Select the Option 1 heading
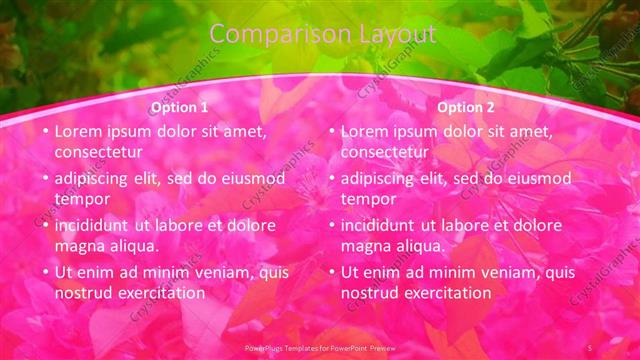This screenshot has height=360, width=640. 179,107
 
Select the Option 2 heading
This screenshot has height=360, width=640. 466,107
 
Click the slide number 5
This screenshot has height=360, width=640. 590,346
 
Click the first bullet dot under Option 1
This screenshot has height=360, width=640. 45,131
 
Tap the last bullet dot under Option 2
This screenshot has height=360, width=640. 332,272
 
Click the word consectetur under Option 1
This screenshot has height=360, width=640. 98,152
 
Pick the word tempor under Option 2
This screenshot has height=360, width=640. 368,199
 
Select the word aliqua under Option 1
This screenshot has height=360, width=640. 133,246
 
